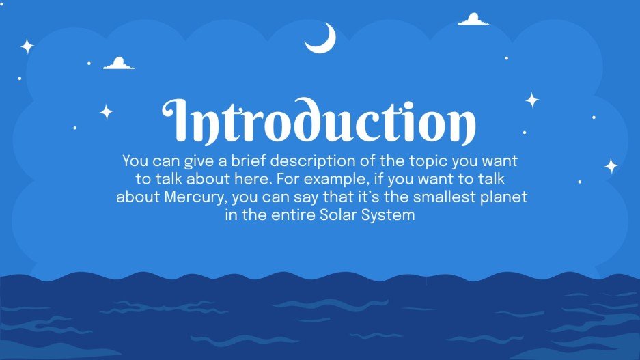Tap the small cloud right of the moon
pos(473,20)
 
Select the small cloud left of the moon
pos(118,64)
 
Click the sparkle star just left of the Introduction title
pos(107,112)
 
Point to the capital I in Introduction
pos(178,122)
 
